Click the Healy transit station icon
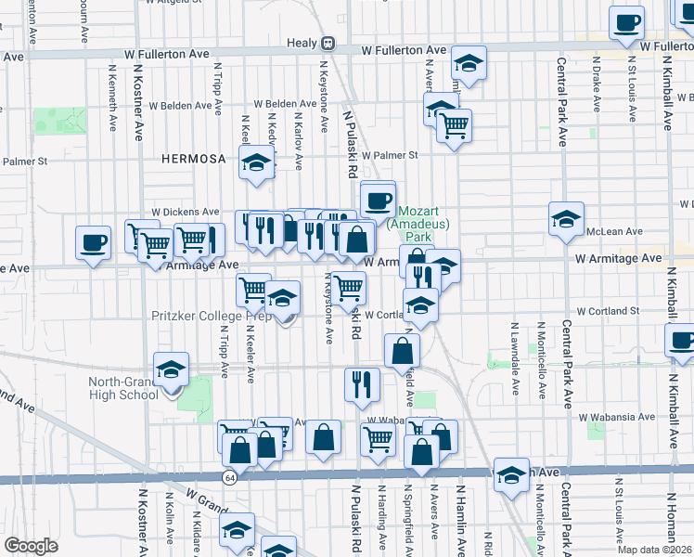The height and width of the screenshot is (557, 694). [328, 44]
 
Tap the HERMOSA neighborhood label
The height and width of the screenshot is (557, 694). [193, 159]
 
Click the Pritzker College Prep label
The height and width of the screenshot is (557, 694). [212, 316]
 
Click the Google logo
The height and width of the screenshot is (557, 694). [31, 546]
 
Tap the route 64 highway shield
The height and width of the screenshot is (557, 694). [228, 476]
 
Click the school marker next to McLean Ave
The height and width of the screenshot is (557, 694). [566, 220]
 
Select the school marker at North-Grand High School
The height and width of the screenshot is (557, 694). [170, 370]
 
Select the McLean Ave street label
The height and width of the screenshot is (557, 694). [620, 231]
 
